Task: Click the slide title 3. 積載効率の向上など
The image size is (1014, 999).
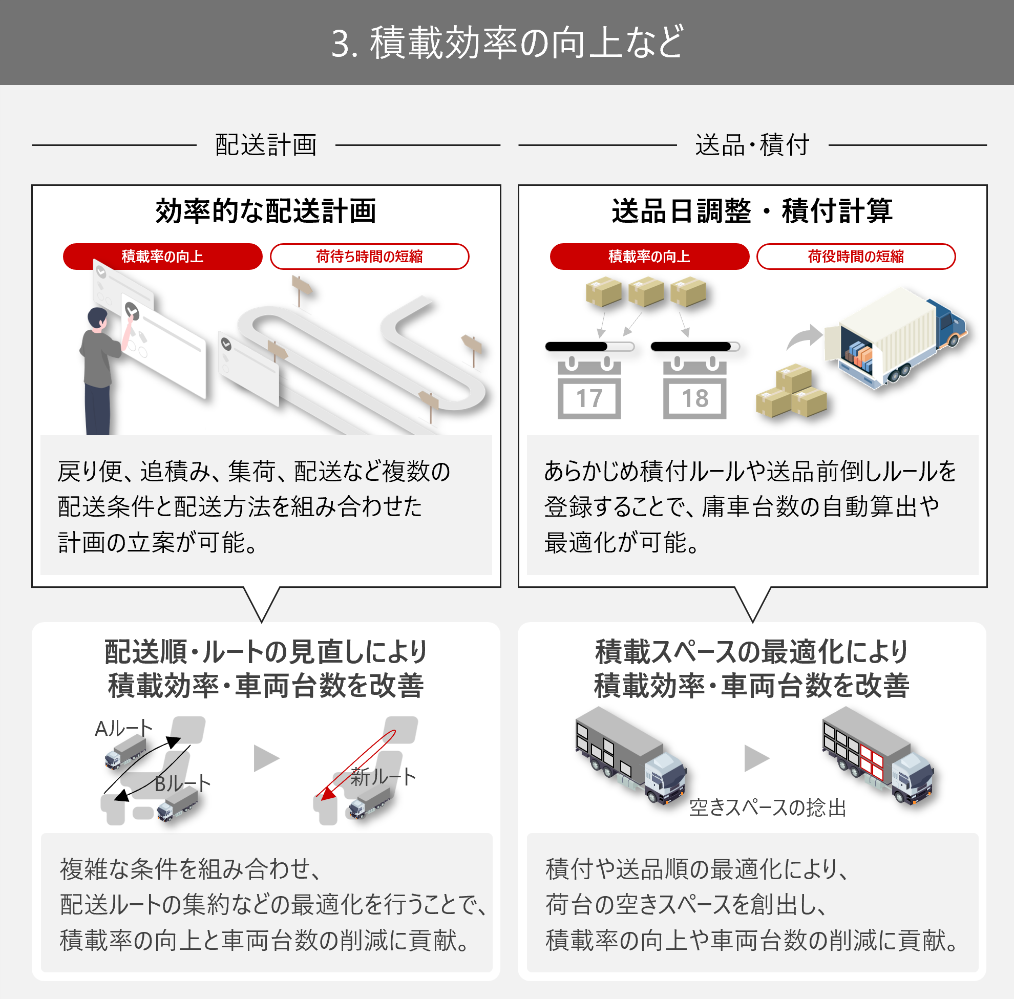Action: [x=507, y=42]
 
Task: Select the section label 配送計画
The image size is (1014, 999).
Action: [x=266, y=145]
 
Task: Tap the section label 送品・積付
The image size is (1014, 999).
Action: [x=752, y=145]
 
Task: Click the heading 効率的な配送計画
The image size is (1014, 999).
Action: [x=266, y=211]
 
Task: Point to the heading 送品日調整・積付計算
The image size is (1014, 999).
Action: [x=752, y=211]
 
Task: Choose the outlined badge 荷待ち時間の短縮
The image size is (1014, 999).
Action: [x=369, y=257]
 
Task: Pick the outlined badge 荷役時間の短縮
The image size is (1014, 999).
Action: [x=855, y=257]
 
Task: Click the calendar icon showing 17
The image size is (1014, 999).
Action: [x=589, y=388]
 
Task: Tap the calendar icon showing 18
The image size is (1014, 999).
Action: [x=695, y=388]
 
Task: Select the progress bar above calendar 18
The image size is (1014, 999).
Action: [x=695, y=346]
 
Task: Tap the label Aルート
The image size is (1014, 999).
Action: [x=124, y=729]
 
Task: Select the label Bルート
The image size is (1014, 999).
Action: [x=183, y=784]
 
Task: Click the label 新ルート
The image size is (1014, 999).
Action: [x=383, y=777]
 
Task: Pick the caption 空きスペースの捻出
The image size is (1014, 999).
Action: [x=767, y=808]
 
